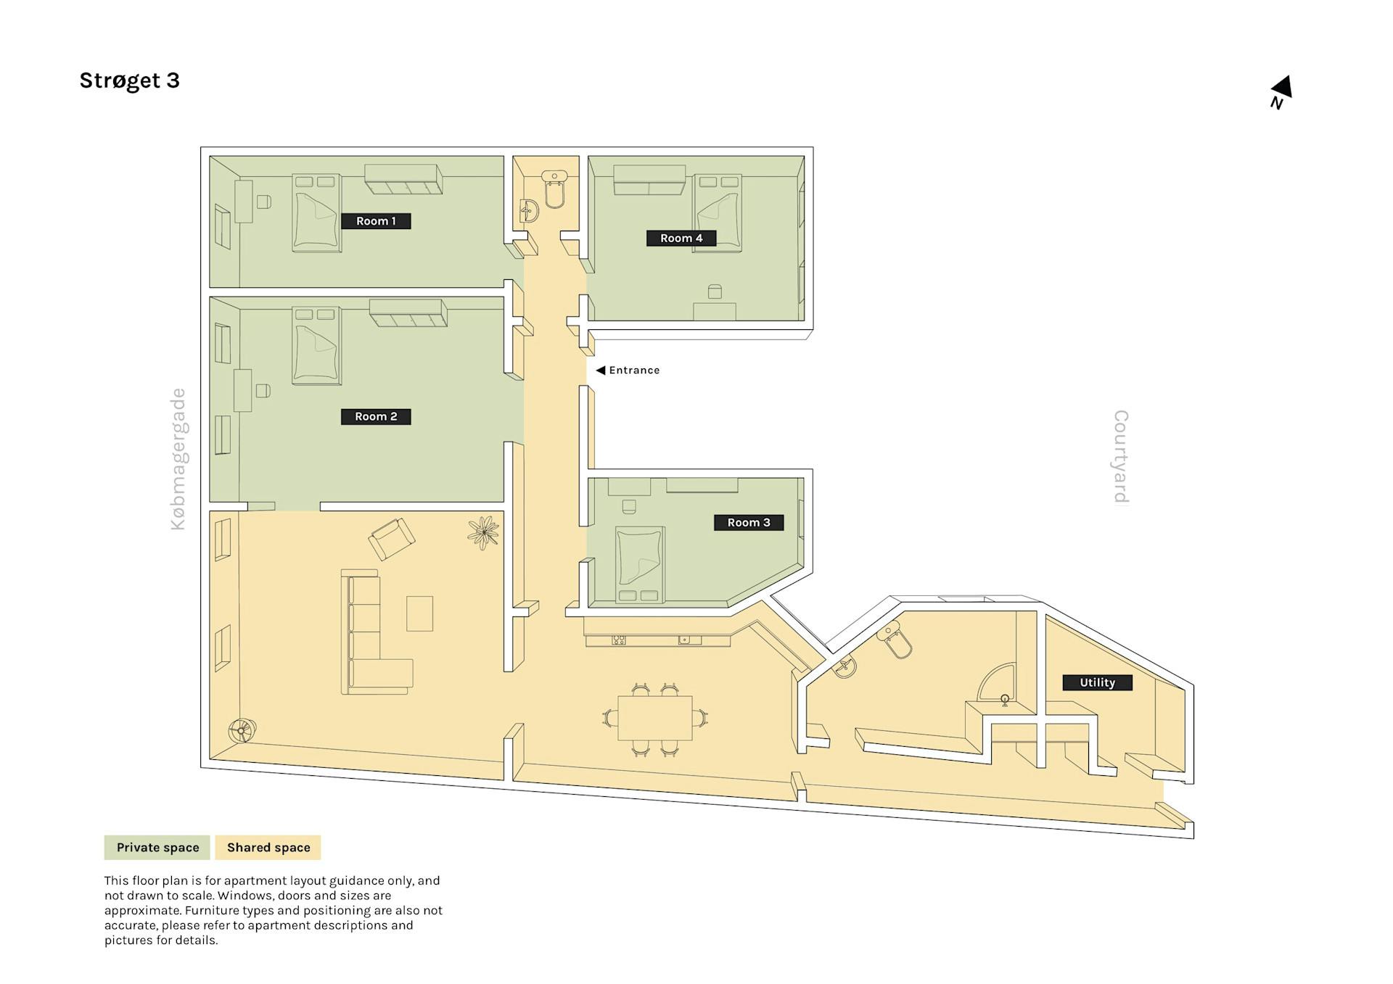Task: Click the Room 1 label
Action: point(376,221)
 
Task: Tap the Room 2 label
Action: point(376,416)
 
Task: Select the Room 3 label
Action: point(749,522)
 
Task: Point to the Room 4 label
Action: point(681,238)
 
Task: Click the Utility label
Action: point(1097,682)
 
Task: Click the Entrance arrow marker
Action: point(601,370)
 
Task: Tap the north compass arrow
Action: point(1282,87)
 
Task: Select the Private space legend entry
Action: point(157,847)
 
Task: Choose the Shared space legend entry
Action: point(268,847)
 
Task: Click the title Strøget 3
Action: point(129,80)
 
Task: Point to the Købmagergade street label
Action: point(178,459)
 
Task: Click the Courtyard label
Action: point(1121,457)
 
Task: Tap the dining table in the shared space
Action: point(655,718)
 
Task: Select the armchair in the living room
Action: point(392,539)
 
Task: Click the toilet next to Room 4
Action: point(555,189)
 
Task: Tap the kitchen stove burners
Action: point(619,640)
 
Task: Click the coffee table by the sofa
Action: point(419,613)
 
